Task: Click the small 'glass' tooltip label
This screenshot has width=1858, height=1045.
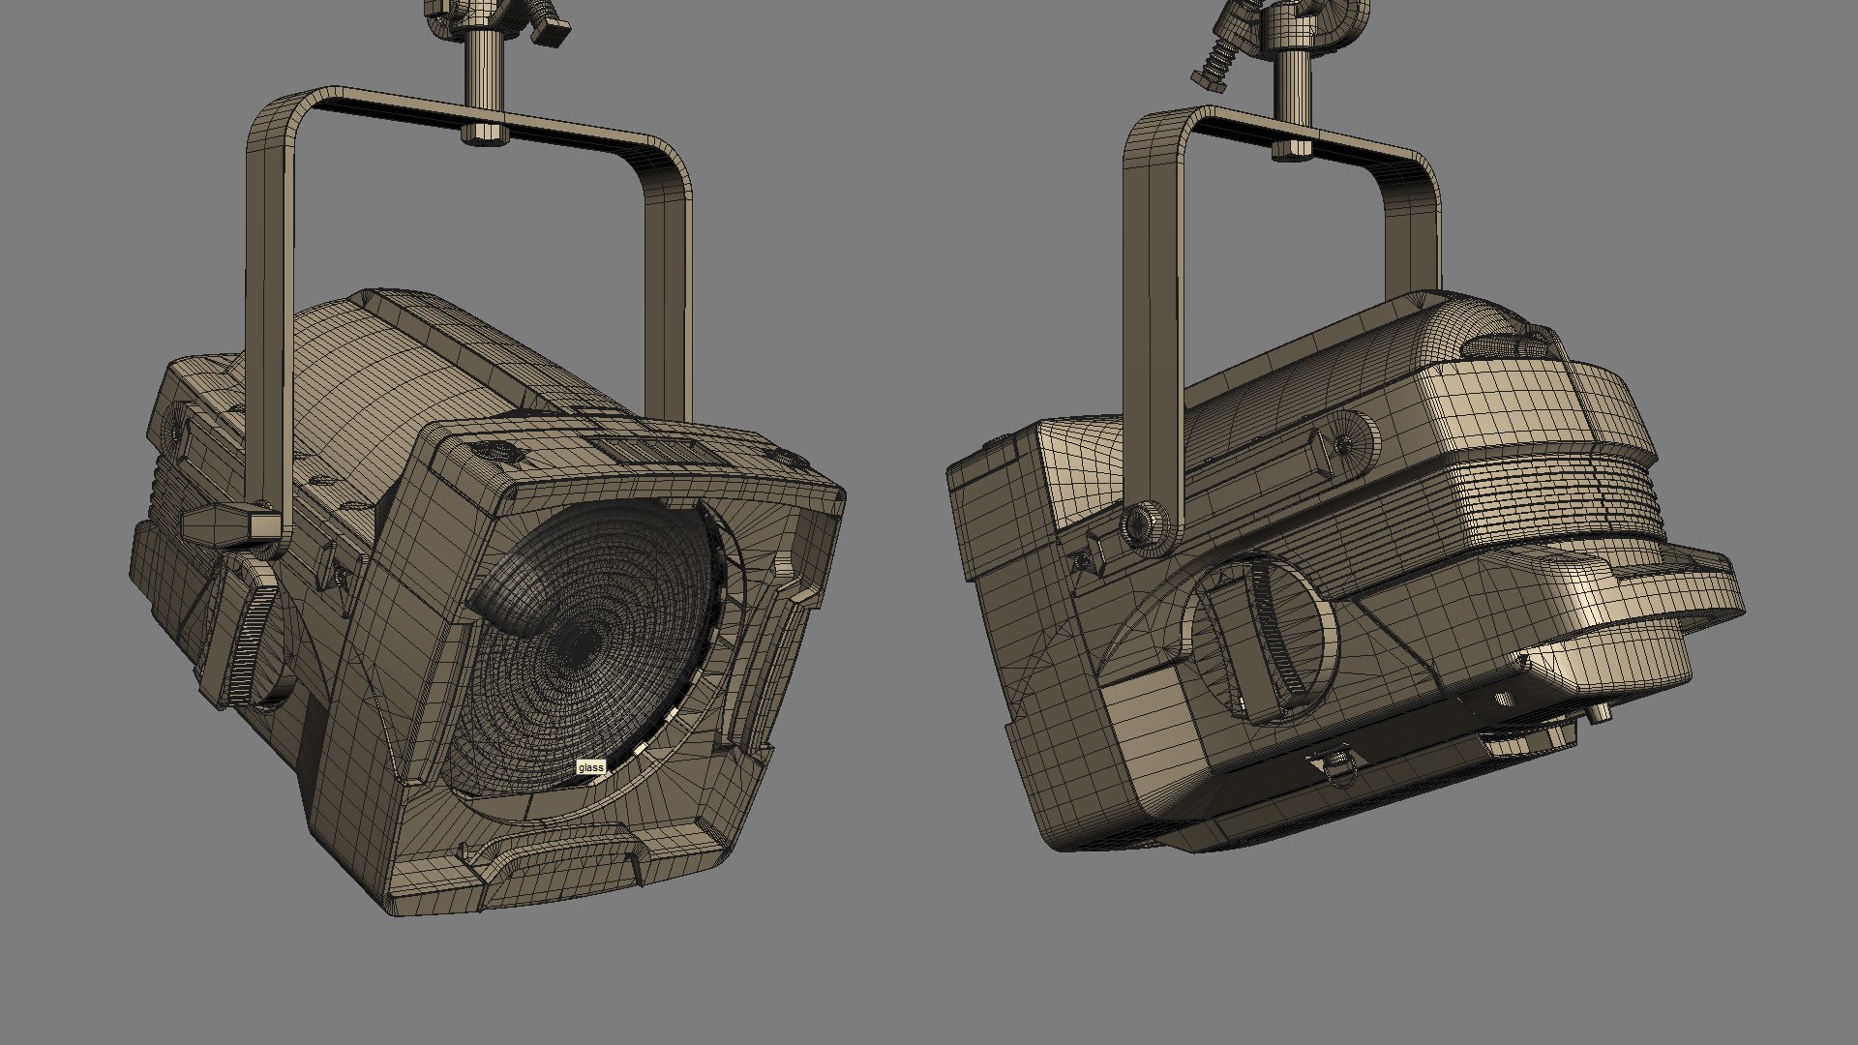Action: tap(590, 767)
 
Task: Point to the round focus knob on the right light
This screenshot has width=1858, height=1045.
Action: tap(1268, 640)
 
